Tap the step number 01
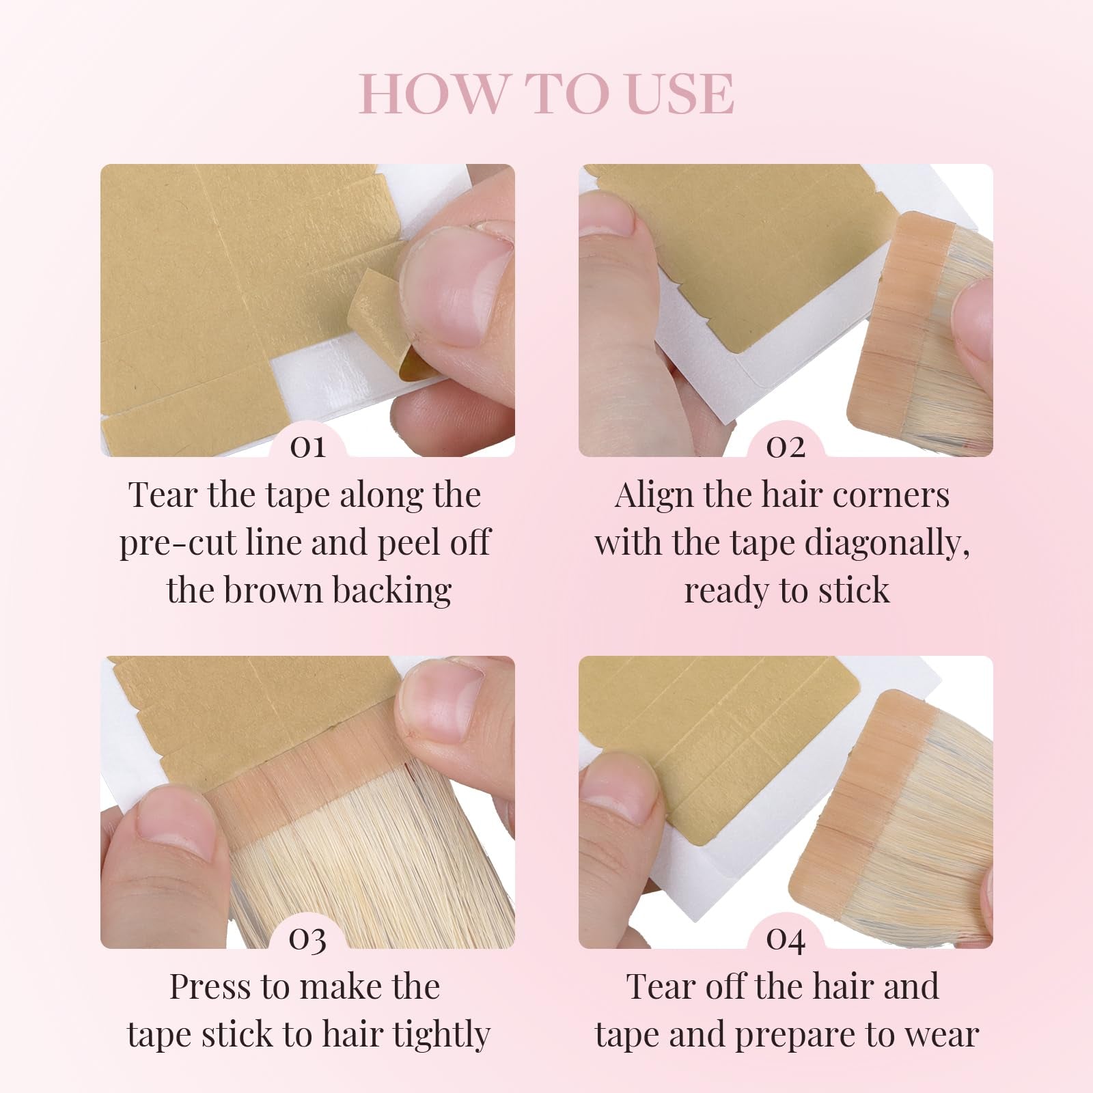click(307, 447)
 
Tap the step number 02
click(786, 447)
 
